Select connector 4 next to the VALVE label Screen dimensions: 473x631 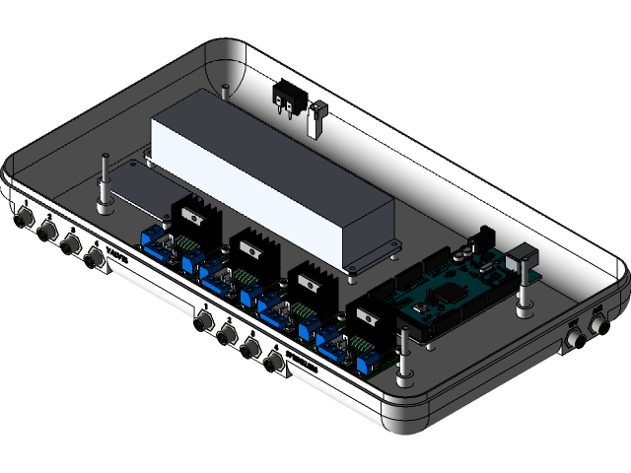(95, 259)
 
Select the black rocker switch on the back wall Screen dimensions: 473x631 (287, 96)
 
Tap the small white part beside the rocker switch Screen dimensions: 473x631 (318, 119)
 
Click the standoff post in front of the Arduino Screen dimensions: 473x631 (404, 355)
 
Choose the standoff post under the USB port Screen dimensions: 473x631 (523, 296)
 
